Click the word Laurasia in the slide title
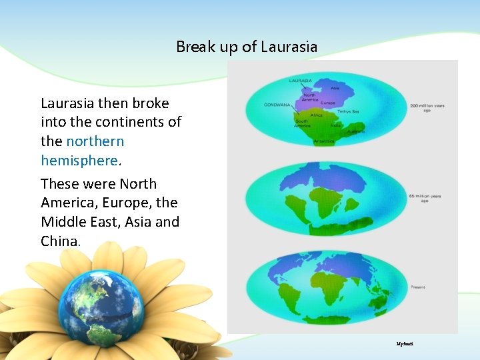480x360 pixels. coord(289,47)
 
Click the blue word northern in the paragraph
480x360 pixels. coord(95,141)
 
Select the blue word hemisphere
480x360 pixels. coord(79,161)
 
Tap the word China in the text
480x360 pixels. coord(59,241)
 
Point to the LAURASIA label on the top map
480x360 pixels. coord(301,81)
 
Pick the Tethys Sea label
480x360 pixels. coord(347,111)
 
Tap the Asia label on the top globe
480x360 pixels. coord(335,87)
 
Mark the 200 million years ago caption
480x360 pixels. coord(427,107)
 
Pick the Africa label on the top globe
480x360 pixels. coord(316,115)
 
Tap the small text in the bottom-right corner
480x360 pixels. coord(405,343)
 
